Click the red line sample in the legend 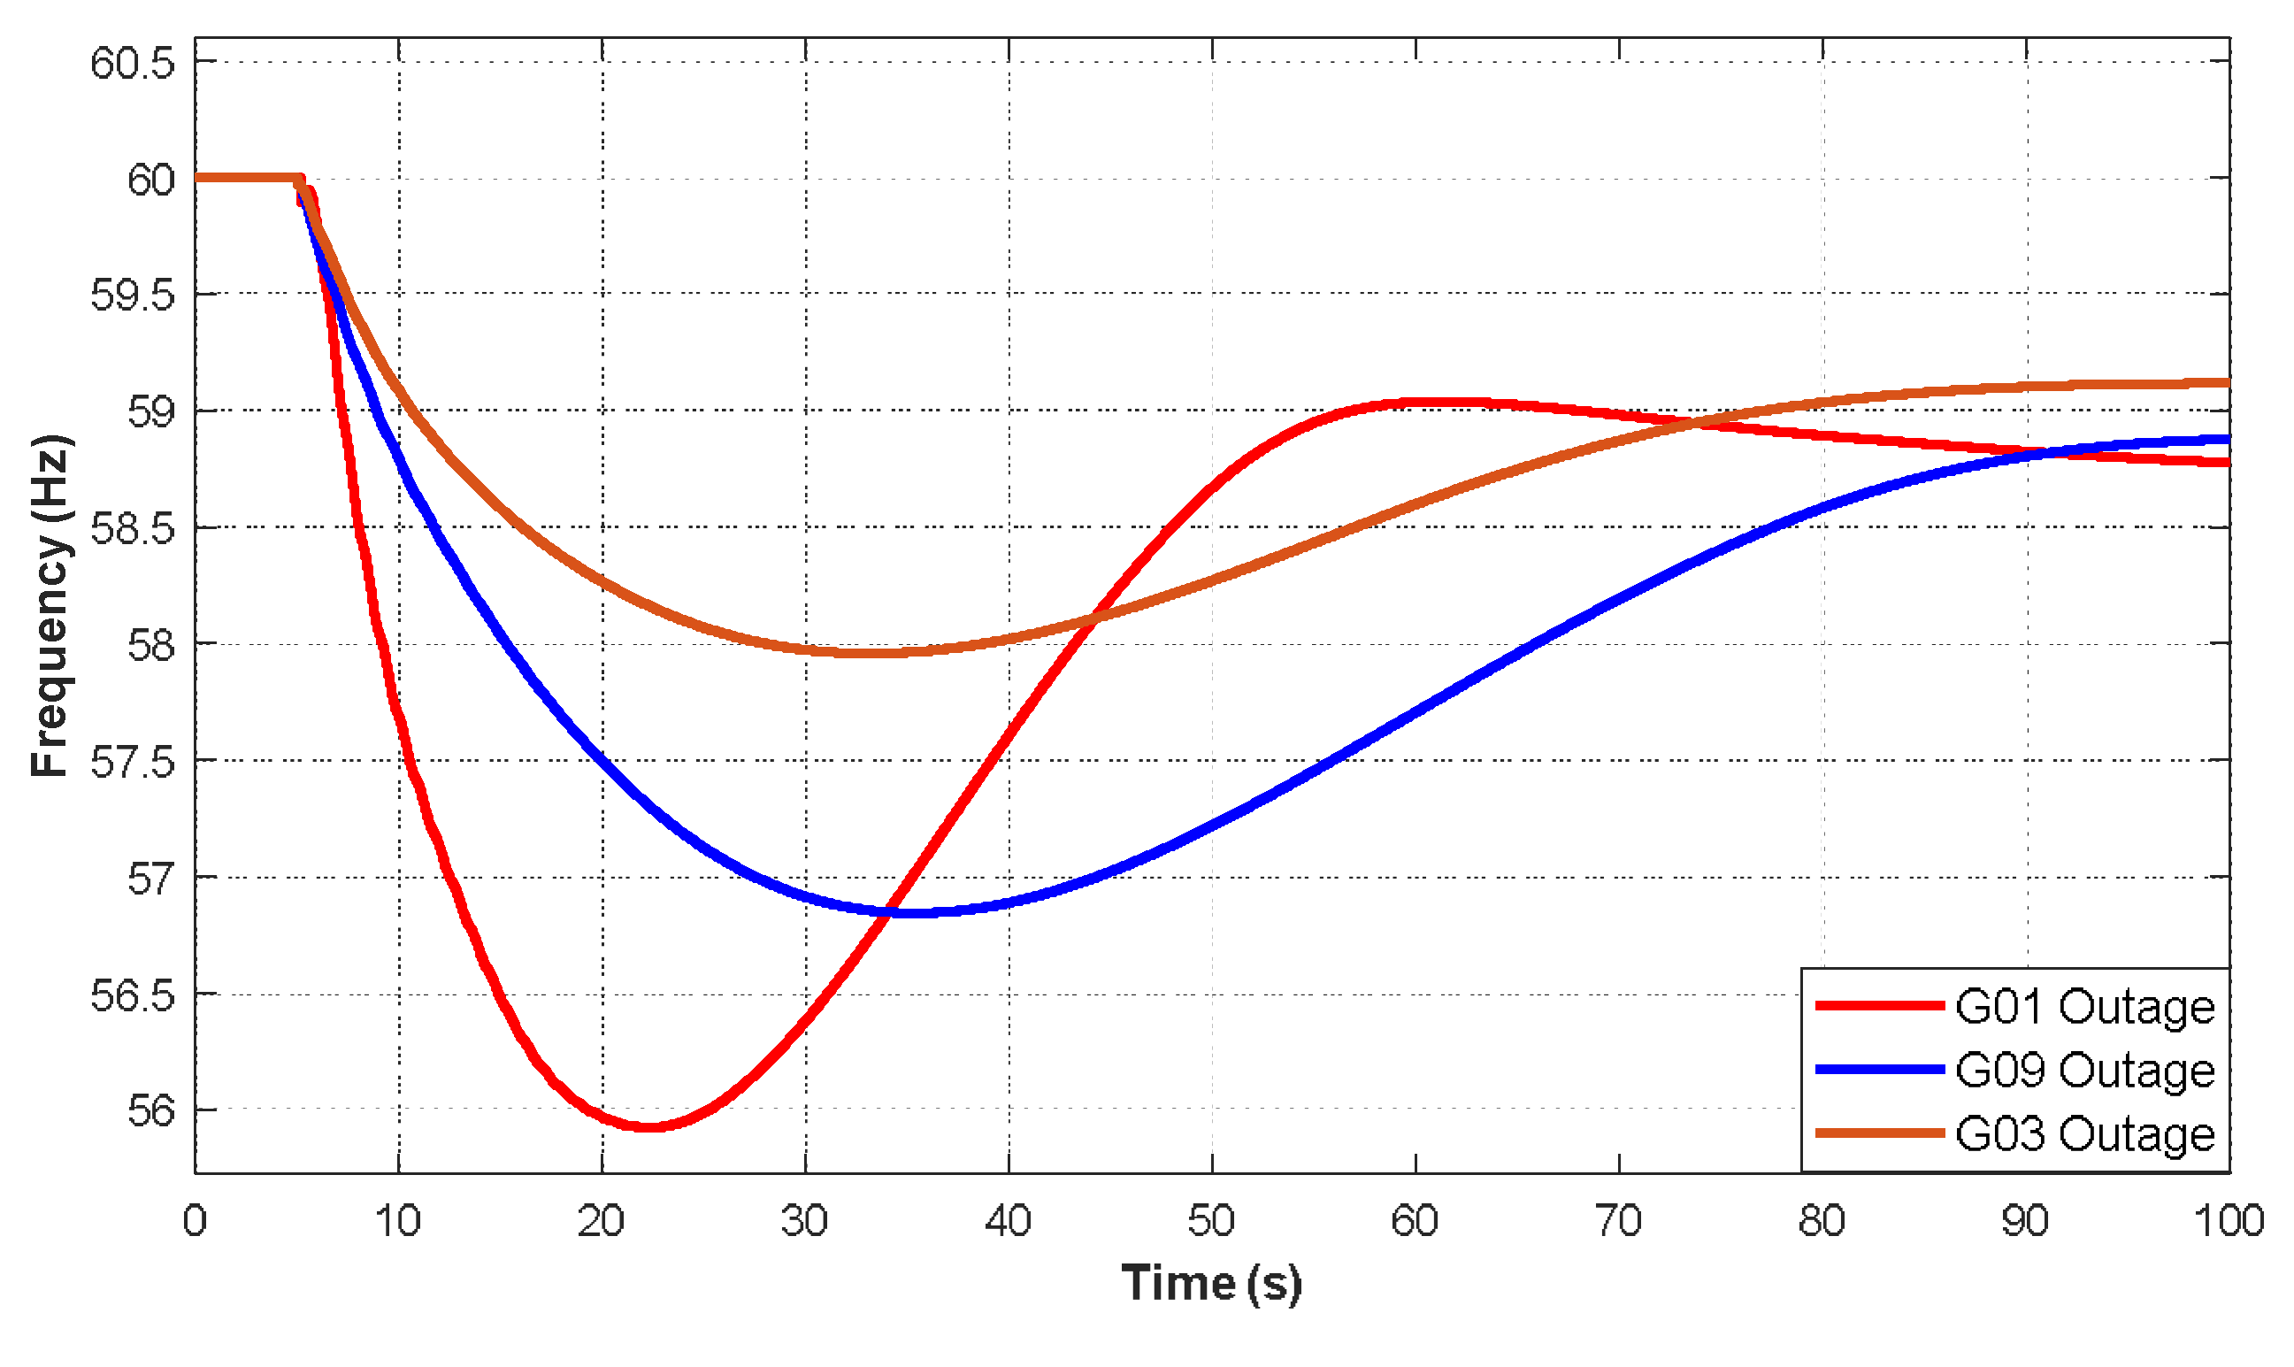tap(1880, 1006)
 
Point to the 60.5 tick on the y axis tap(133, 64)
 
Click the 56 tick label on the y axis tap(151, 1112)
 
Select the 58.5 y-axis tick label tap(133, 530)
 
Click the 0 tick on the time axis tap(196, 1222)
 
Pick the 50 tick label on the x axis tap(1212, 1222)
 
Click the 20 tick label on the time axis tap(602, 1222)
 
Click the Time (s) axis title tap(1212, 1283)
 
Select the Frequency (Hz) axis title tap(50, 605)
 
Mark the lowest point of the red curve tap(649, 1126)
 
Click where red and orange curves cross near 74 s tap(1692, 424)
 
